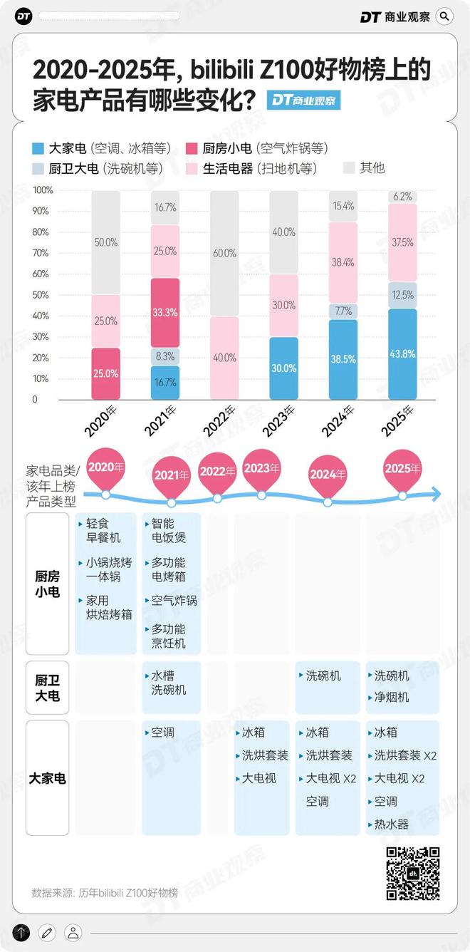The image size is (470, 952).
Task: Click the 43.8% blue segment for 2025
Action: [403, 354]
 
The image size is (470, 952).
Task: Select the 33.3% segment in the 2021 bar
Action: [166, 312]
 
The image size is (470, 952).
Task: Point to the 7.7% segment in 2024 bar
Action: [344, 311]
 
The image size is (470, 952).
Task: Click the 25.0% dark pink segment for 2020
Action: [106, 373]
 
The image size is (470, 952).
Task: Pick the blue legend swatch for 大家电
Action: [38, 149]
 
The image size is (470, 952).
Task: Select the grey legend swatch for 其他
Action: [348, 168]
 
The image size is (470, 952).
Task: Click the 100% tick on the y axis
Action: [43, 190]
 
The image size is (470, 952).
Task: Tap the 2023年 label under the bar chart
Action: [279, 421]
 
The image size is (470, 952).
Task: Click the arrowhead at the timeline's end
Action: [435, 493]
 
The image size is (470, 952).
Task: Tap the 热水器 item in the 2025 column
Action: [392, 824]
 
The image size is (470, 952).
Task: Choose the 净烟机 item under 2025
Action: [392, 698]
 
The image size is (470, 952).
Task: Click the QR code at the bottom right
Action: [412, 874]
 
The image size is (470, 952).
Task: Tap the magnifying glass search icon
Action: [444, 16]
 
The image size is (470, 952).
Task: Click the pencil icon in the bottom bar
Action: [47, 932]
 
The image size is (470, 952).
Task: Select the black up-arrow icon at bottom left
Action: [21, 932]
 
